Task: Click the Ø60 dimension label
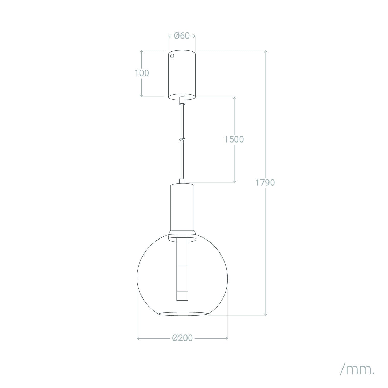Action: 182,36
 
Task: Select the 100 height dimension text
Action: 142,73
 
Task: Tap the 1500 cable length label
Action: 234,139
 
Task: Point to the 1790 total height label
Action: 265,183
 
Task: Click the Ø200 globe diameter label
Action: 182,338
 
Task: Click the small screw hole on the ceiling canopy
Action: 172,56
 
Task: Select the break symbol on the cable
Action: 182,140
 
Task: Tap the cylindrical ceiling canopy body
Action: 182,75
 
